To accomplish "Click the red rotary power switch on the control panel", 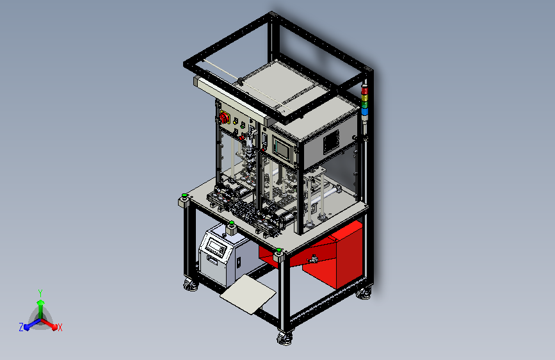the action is [225, 117].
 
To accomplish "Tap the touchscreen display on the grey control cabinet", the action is [282, 148].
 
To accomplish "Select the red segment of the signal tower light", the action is [364, 91].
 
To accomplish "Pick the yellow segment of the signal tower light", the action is [364, 97].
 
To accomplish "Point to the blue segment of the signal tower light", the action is [364, 111].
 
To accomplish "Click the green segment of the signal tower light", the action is [364, 104].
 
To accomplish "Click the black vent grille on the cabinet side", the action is [331, 142].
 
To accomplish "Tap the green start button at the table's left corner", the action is [184, 195].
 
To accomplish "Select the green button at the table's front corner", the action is [279, 250].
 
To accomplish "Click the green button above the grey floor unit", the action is [232, 223].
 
